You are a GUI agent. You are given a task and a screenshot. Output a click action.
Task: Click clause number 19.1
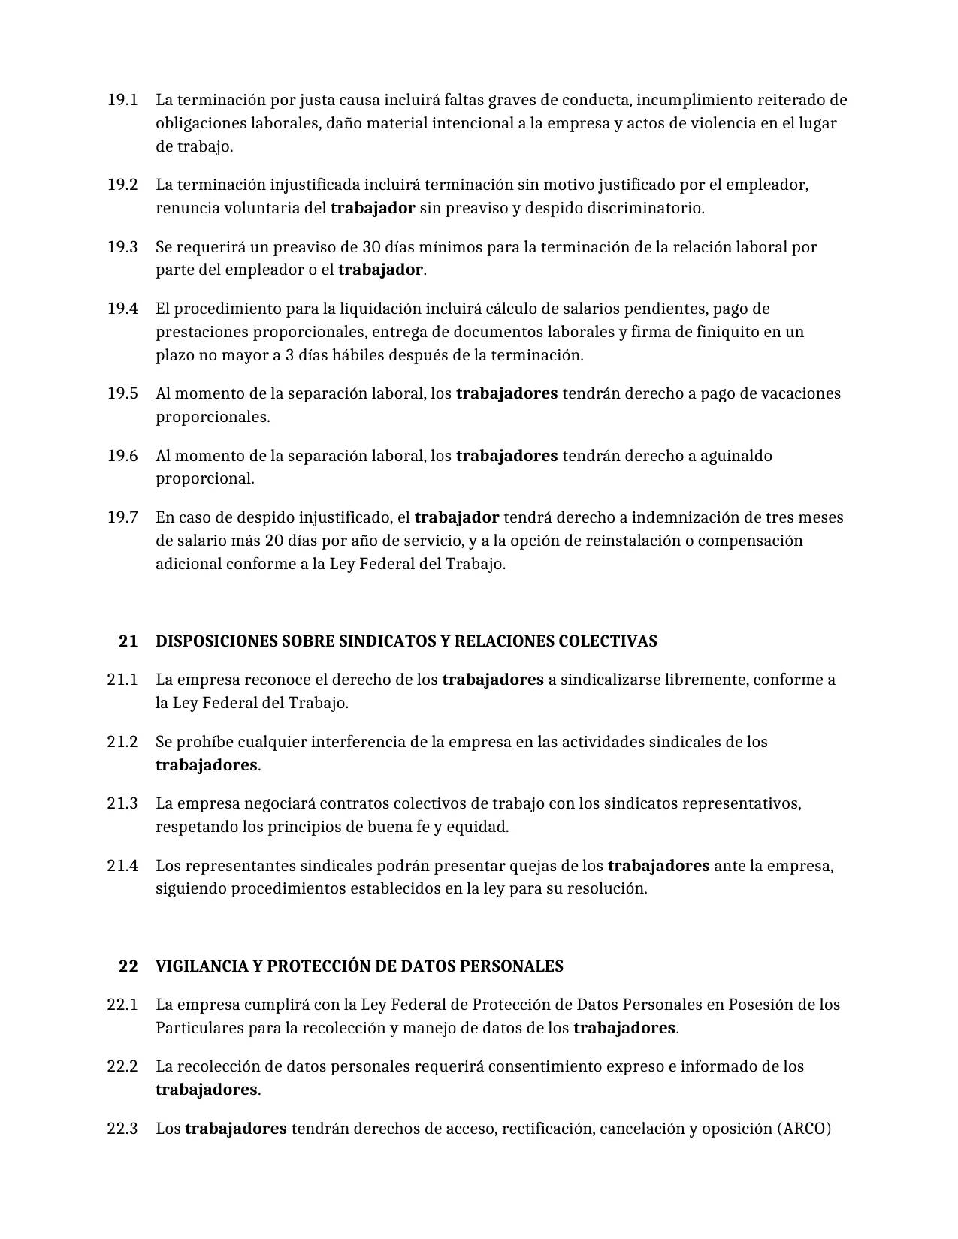[122, 100]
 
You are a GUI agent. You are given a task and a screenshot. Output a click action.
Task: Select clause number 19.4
[122, 309]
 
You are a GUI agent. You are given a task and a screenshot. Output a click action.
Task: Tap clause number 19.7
[122, 517]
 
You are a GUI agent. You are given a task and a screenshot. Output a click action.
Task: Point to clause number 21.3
[122, 803]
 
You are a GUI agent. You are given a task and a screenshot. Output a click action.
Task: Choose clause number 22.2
[122, 1066]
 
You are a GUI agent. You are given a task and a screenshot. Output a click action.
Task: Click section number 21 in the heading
[128, 641]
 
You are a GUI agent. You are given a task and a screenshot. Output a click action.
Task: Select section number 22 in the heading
[128, 966]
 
